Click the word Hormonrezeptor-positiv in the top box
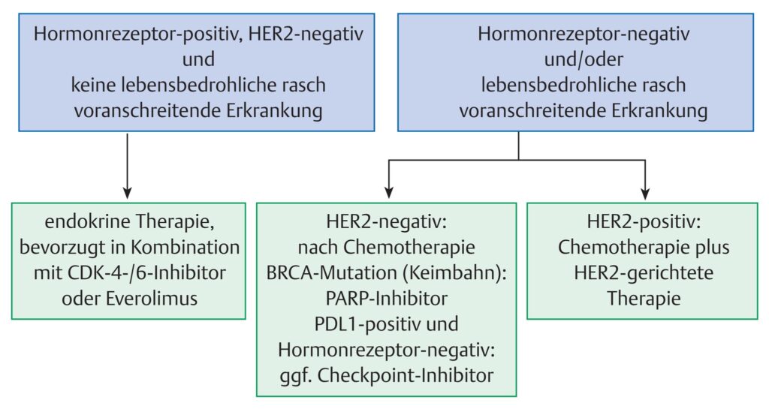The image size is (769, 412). [x=137, y=35]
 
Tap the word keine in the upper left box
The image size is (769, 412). [x=92, y=86]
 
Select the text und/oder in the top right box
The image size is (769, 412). [x=584, y=60]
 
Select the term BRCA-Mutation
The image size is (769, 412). [x=331, y=273]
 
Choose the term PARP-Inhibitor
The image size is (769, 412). [x=387, y=299]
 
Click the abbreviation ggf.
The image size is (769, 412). [x=296, y=376]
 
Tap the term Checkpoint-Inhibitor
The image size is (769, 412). [x=405, y=375]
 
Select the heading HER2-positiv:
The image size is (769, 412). [x=644, y=222]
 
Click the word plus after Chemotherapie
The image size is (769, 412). [x=712, y=248]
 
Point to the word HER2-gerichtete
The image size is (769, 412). [x=644, y=273]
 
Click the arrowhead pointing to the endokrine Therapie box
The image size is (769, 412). [x=127, y=193]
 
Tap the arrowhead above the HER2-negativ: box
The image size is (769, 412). [x=389, y=193]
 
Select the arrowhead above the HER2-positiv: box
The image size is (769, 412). [x=645, y=193]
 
